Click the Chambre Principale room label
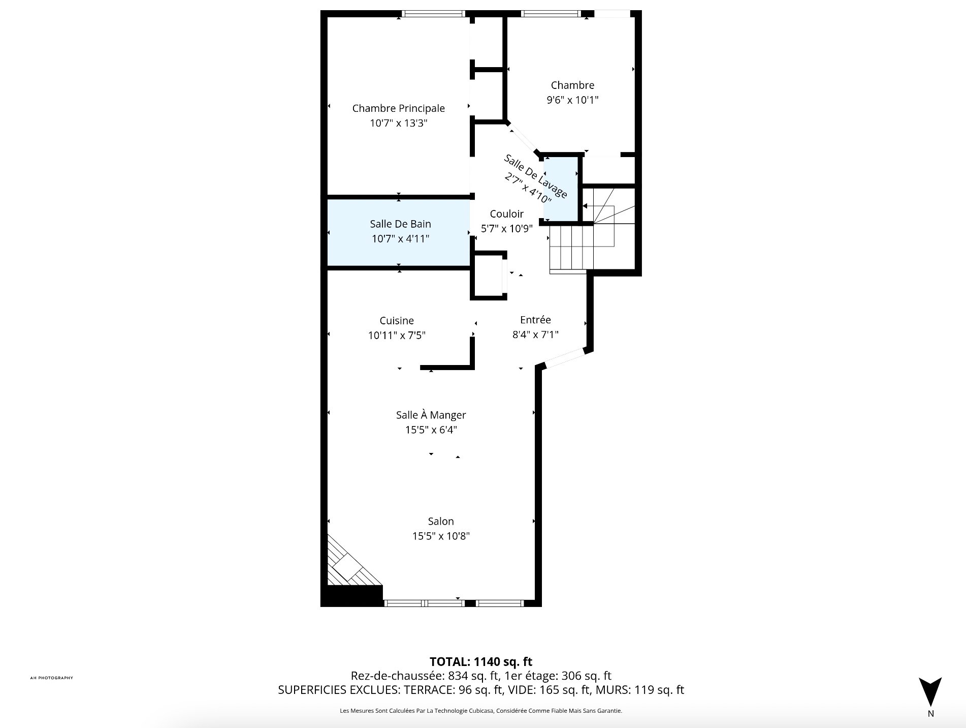click(398, 108)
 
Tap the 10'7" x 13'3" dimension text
click(398, 123)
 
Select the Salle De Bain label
click(400, 224)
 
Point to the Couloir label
click(506, 214)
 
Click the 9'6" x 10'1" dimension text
click(572, 100)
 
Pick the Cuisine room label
click(397, 321)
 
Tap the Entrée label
click(535, 320)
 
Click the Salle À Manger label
click(431, 415)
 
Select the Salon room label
click(441, 521)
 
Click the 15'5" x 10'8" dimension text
click(441, 536)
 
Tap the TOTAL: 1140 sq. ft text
click(481, 661)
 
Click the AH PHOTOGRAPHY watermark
click(52, 678)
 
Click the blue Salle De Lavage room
click(561, 189)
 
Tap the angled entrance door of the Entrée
click(564, 357)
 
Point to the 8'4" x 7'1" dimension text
click(535, 335)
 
